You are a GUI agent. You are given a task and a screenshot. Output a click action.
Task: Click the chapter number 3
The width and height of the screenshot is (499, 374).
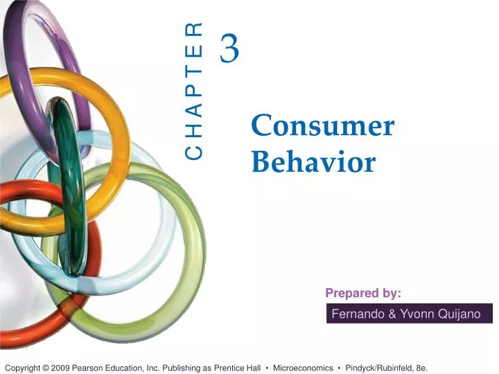[230, 49]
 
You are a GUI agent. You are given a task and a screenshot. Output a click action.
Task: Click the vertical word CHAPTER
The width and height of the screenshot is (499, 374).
[195, 91]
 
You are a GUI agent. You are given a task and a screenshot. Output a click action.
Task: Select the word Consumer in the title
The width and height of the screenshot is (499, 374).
[322, 126]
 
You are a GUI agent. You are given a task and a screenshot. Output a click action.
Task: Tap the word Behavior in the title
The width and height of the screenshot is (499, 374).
[313, 163]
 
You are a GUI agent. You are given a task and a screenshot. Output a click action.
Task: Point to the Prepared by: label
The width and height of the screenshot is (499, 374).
[363, 293]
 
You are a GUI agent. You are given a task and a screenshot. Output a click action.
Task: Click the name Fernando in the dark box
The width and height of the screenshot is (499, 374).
[358, 314]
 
